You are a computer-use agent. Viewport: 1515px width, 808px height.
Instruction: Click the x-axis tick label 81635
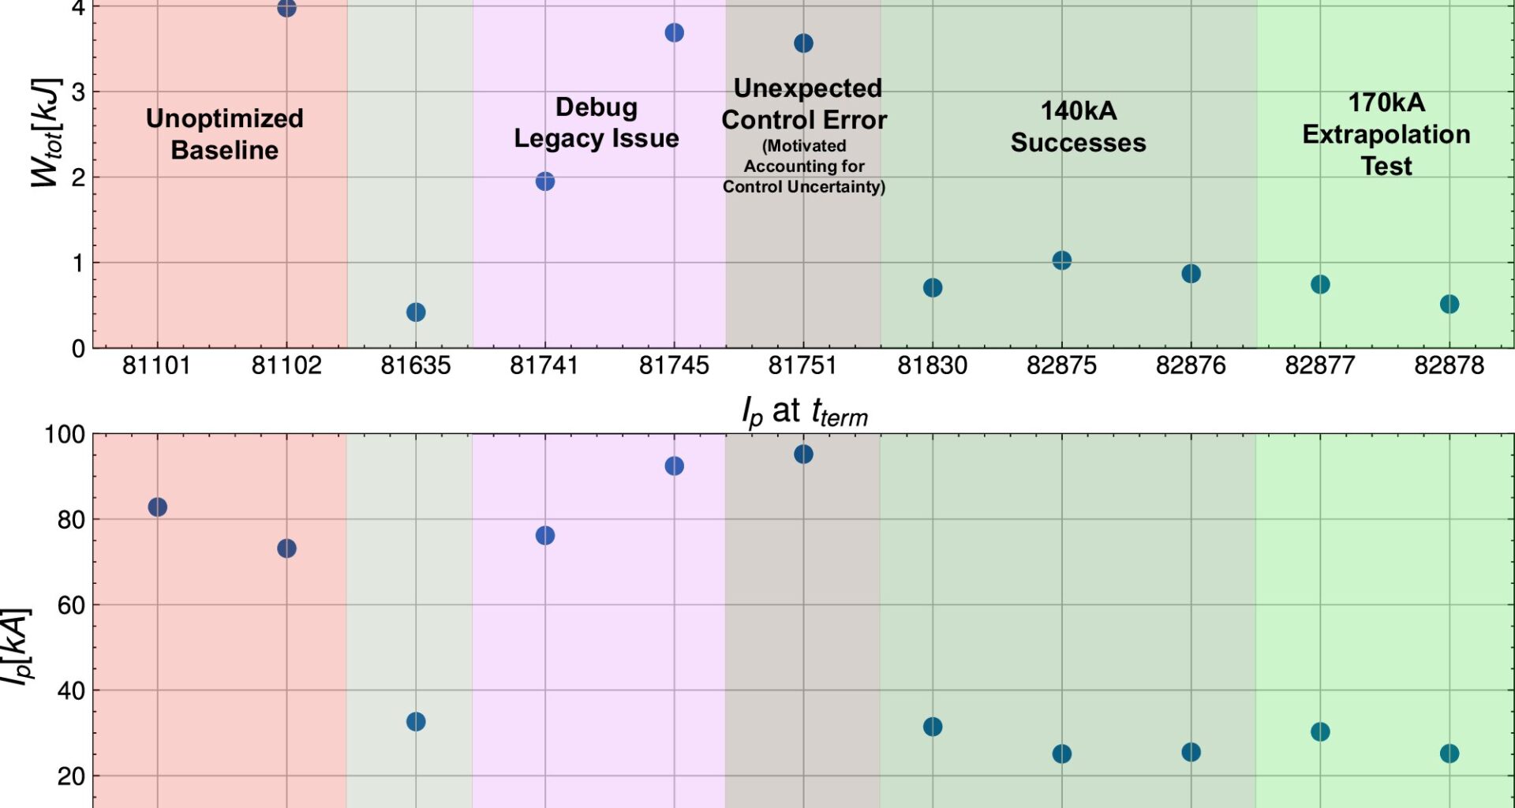pos(415,365)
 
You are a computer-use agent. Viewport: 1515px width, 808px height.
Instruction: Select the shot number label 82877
pos(1319,365)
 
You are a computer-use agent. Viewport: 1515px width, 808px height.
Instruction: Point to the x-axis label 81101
pos(156,365)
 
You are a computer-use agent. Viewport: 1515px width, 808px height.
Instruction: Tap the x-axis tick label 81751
pos(802,365)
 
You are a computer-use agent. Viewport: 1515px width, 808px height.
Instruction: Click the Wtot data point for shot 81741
pos(544,181)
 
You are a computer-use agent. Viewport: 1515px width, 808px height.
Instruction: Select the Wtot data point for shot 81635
pos(416,312)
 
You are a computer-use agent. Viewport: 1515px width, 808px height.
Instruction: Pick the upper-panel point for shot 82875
pos(1062,260)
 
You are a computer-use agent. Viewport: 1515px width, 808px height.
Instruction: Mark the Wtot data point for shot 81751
pos(803,43)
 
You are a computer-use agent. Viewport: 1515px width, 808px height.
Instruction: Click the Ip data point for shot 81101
pos(158,507)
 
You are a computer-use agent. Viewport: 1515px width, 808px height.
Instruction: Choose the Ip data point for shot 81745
pos(674,466)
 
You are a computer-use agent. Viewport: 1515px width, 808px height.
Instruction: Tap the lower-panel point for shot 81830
pos(933,727)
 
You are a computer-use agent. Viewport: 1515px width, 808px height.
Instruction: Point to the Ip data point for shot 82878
pos(1450,754)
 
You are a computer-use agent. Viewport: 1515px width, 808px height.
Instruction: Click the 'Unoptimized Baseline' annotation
pos(225,134)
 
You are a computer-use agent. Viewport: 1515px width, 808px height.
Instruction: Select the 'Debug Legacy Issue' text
pos(597,122)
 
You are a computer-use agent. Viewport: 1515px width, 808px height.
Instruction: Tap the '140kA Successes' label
pos(1078,126)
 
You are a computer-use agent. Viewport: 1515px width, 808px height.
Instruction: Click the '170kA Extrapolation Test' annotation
pos(1386,134)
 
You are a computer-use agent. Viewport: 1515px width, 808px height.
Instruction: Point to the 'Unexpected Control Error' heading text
pos(805,104)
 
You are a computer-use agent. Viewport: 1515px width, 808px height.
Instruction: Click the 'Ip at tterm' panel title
pos(804,412)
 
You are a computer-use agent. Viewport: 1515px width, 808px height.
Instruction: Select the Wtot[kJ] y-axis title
pos(45,133)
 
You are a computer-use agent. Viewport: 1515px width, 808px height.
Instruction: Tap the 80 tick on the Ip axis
pos(71,520)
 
